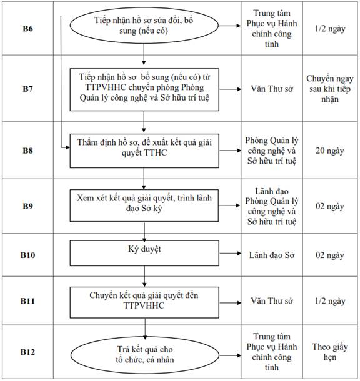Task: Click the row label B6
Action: (27, 29)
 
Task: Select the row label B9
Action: (27, 206)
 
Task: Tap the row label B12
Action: (27, 352)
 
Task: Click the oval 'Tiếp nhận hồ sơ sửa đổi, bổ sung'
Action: (144, 26)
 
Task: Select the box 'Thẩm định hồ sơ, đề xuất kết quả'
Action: (144, 151)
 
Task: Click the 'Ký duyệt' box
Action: (144, 253)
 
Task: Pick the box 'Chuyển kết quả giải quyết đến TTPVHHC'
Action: (144, 302)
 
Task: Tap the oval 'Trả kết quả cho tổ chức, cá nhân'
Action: (145, 355)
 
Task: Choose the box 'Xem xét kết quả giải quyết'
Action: (144, 205)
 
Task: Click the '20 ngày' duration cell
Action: (330, 151)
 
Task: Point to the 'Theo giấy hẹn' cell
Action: (330, 352)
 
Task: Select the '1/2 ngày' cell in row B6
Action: (330, 29)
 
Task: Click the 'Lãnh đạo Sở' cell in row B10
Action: (272, 255)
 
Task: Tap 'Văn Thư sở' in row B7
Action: (272, 89)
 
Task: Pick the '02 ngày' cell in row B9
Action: (330, 206)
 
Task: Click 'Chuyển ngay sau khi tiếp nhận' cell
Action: (330, 89)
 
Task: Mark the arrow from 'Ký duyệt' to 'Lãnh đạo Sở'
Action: (230, 254)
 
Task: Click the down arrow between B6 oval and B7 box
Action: (144, 54)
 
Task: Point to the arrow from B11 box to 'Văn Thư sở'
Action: (230, 303)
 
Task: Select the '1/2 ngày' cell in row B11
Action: (330, 301)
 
